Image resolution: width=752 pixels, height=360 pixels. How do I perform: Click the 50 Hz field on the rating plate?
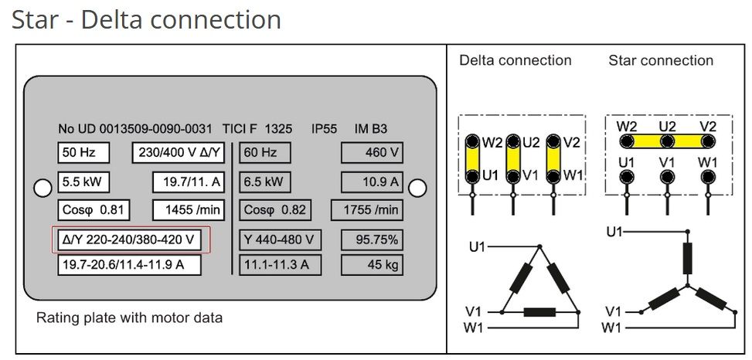(83, 153)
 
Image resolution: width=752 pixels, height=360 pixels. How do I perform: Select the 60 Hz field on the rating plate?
(264, 153)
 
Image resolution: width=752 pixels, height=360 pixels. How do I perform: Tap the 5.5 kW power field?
(83, 182)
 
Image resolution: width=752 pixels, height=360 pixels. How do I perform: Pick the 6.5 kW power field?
(264, 182)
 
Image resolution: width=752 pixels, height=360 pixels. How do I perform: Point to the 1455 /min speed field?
(189, 210)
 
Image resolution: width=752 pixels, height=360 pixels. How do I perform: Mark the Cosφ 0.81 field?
(94, 210)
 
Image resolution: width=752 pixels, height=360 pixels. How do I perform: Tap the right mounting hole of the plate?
(417, 188)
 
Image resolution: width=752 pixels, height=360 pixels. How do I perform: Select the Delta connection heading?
(516, 60)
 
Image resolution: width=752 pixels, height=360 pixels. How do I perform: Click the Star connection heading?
(661, 60)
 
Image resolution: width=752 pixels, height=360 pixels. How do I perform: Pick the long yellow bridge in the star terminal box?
(667, 141)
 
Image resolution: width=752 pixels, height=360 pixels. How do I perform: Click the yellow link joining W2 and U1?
(471, 159)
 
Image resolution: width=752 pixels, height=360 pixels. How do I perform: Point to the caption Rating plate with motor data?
(130, 318)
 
